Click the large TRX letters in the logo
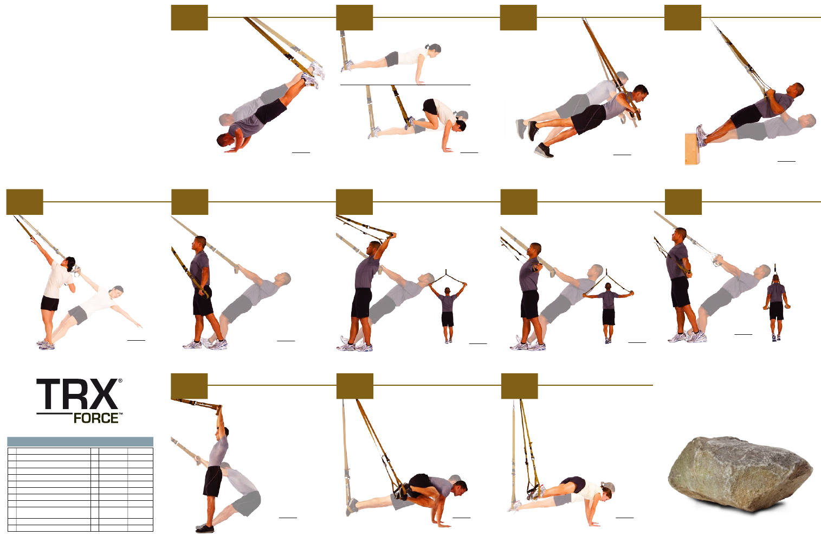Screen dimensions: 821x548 coord(77,394)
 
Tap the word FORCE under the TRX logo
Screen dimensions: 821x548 coord(96,418)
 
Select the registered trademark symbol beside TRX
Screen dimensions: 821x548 coord(120,381)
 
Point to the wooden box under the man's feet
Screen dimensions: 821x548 coord(693,149)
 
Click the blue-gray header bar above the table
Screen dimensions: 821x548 coord(80,442)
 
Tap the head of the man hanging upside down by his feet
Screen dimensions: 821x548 coord(224,140)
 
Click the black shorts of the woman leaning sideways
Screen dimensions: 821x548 coord(49,303)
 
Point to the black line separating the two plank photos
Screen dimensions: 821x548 coord(405,85)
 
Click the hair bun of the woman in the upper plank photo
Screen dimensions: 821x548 coord(427,47)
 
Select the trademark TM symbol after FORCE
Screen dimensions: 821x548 coord(121,414)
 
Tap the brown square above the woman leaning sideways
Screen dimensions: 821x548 coord(24,202)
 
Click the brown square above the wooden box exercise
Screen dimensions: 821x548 coord(683,17)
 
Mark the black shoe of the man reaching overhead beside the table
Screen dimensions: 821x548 coord(204,529)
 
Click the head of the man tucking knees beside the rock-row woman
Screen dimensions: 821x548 coord(459,488)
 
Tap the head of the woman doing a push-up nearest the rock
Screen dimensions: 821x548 coord(605,492)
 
